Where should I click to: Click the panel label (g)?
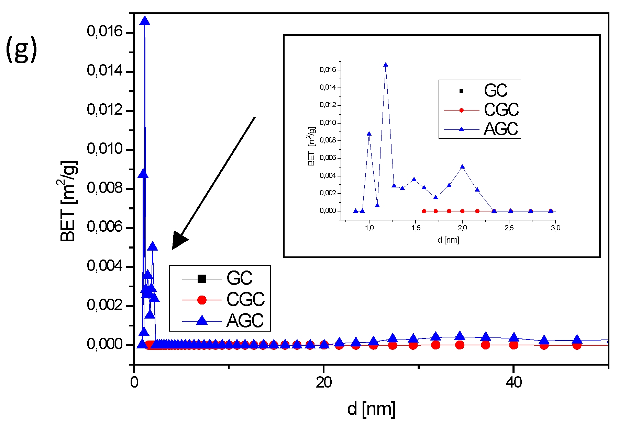(x=21, y=50)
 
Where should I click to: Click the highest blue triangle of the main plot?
(x=145, y=21)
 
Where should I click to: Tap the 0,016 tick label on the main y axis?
(x=104, y=32)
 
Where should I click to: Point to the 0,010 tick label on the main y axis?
(x=104, y=149)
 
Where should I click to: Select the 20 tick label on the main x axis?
(x=324, y=382)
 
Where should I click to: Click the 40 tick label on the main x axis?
(x=514, y=382)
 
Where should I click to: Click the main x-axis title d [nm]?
(x=371, y=409)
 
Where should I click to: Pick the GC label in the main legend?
(x=239, y=278)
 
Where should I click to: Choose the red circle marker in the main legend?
(x=202, y=300)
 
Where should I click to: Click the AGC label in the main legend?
(x=245, y=321)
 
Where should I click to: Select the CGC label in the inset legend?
(x=501, y=110)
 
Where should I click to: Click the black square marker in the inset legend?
(x=461, y=91)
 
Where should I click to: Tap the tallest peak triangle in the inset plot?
(x=386, y=65)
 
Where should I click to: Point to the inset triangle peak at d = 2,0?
(x=462, y=167)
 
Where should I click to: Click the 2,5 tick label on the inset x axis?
(x=509, y=228)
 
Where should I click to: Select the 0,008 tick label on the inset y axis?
(x=328, y=140)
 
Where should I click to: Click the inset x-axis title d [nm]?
(x=448, y=240)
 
